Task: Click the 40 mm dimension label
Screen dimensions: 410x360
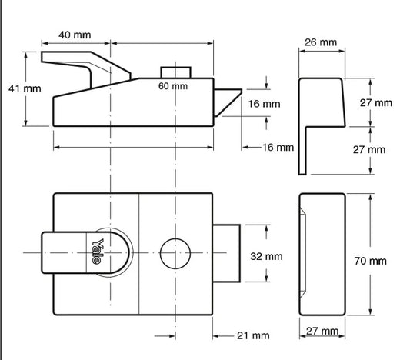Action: click(75, 35)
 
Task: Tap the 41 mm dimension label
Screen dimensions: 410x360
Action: click(25, 88)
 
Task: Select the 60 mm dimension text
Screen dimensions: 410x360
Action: click(173, 86)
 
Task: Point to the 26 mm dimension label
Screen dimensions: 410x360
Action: click(321, 42)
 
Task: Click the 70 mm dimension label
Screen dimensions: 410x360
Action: click(371, 261)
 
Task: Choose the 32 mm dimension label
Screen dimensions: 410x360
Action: click(266, 256)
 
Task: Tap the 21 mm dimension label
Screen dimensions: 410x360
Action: click(253, 335)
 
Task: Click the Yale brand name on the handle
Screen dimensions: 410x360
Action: click(97, 251)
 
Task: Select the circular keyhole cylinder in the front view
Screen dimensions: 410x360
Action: click(175, 253)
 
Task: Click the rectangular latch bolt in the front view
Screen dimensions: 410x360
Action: click(226, 253)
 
